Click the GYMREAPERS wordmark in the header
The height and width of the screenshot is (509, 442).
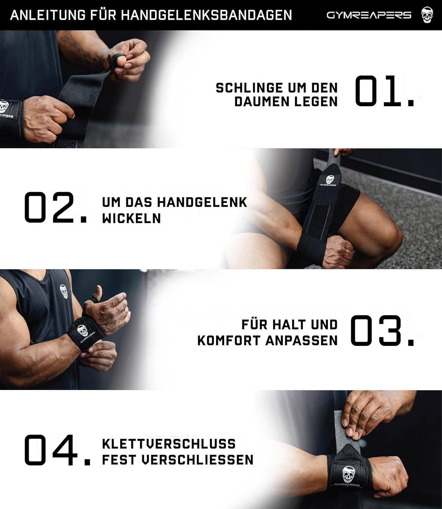369,15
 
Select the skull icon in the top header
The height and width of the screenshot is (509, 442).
427,15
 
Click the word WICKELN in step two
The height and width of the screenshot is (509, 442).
132,219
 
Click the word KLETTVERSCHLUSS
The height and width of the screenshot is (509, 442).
169,444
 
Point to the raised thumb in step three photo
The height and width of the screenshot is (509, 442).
98,292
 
